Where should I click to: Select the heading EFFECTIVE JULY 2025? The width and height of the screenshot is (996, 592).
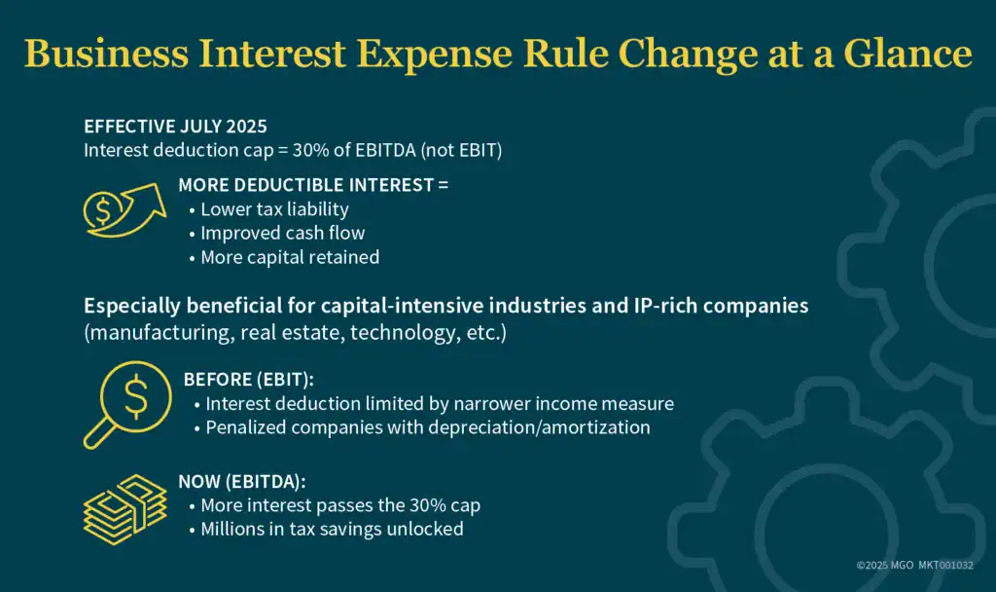175,127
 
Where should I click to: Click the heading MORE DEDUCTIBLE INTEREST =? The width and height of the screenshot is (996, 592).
313,184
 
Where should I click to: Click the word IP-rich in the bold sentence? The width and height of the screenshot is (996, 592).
635,306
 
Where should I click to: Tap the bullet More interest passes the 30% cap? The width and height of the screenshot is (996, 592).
340,505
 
